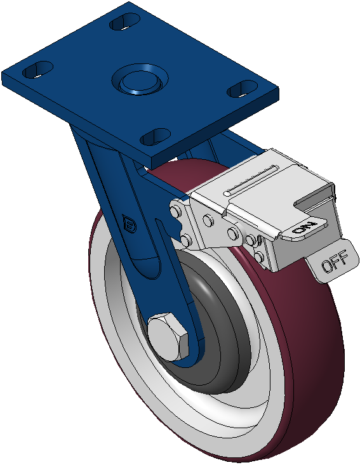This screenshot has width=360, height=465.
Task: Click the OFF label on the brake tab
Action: pyautogui.click(x=335, y=261)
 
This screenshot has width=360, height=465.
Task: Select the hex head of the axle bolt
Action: pyautogui.click(x=168, y=336)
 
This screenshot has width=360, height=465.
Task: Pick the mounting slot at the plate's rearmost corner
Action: pyautogui.click(x=124, y=22)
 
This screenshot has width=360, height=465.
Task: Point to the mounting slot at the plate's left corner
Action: pyautogui.click(x=38, y=69)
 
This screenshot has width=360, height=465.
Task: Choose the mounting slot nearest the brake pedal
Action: pyautogui.click(x=242, y=88)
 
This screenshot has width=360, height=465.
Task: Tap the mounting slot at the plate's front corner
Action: pyautogui.click(x=155, y=137)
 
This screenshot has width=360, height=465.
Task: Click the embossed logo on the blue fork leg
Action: pyautogui.click(x=130, y=224)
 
